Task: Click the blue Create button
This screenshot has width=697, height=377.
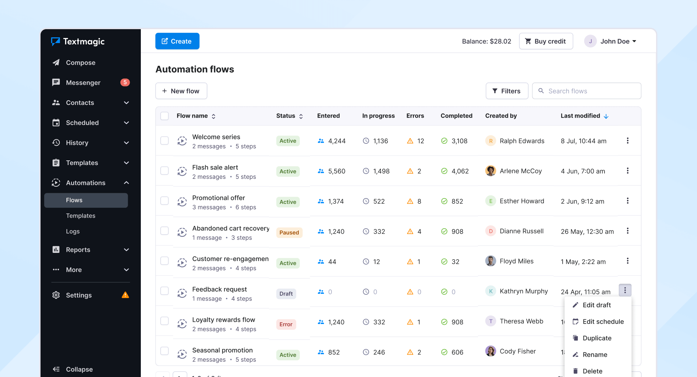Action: (x=177, y=41)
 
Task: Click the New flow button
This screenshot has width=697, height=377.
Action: (x=181, y=91)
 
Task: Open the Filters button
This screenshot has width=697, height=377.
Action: (x=507, y=91)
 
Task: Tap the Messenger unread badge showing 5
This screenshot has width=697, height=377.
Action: (x=125, y=83)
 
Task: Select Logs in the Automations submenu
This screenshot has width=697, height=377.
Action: (x=73, y=232)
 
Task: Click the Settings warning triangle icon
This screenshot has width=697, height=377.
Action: (x=125, y=295)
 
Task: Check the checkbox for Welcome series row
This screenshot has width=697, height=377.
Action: (x=164, y=140)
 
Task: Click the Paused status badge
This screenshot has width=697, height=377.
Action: (x=289, y=233)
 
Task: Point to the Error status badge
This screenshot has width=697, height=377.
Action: (x=286, y=324)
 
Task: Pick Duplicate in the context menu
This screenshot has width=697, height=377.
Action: (x=597, y=338)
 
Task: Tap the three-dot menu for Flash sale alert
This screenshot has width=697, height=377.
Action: (x=628, y=171)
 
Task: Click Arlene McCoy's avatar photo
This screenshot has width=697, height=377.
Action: (x=491, y=171)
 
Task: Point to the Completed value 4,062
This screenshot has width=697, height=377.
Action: (x=460, y=171)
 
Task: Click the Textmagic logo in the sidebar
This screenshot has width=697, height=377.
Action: (x=78, y=42)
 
